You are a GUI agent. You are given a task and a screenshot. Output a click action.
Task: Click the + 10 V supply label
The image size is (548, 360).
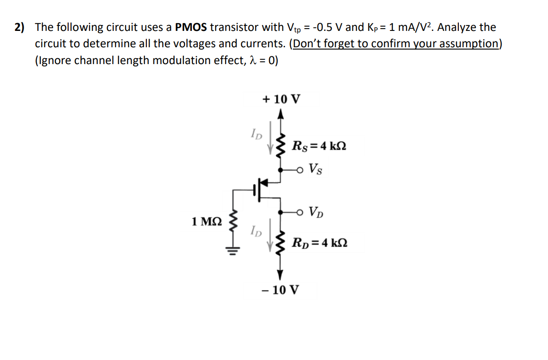pos(281,99)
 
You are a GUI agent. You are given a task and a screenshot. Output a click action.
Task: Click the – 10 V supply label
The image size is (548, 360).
pos(281,290)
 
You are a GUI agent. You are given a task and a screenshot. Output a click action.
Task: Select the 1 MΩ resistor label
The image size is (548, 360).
pos(207,222)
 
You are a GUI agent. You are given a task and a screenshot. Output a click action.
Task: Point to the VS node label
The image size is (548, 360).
pos(317,170)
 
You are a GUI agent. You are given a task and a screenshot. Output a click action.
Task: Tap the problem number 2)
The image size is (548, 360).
pos(19,27)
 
